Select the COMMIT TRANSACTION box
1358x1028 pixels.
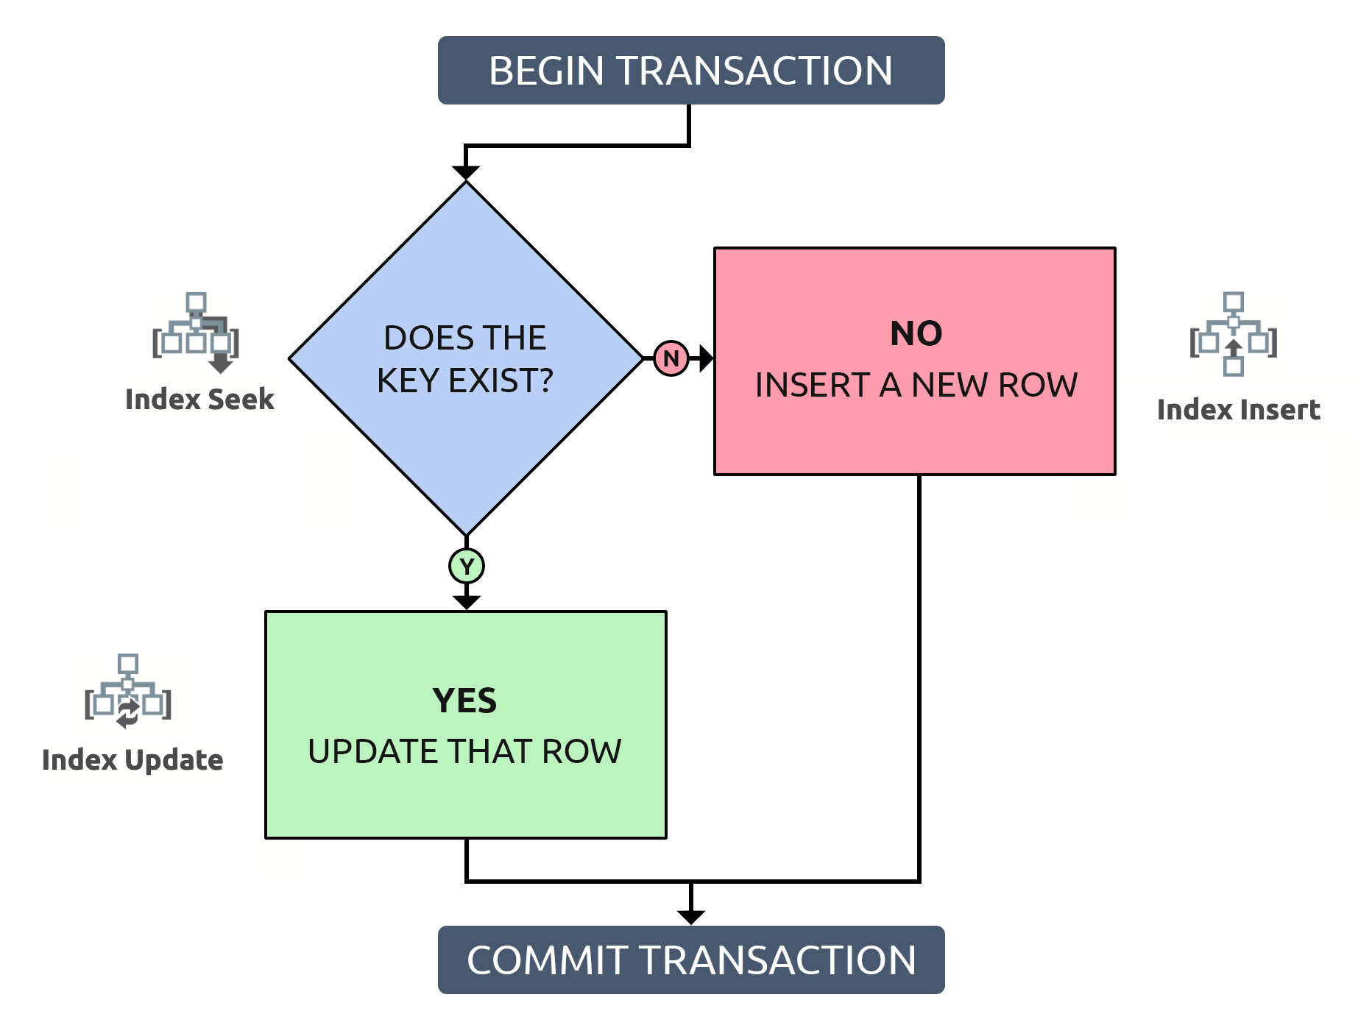690,960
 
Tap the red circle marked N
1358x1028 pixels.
671,358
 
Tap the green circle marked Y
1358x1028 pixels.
466,567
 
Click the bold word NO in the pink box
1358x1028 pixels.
916,333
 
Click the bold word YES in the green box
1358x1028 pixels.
464,701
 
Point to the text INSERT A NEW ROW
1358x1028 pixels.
916,385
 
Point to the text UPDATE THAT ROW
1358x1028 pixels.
464,751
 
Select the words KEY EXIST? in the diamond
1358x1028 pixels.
464,380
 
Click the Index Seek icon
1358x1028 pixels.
196,333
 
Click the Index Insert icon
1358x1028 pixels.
1233,335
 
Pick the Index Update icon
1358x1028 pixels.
128,691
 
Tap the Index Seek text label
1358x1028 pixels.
199,400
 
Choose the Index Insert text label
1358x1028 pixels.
1238,410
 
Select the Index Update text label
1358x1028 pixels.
132,760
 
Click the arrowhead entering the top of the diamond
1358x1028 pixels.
466,173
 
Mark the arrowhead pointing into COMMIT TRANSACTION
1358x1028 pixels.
690,917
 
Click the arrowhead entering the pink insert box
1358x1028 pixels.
706,358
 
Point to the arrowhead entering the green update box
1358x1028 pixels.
466,602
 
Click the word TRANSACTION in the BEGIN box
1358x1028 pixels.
754,71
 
